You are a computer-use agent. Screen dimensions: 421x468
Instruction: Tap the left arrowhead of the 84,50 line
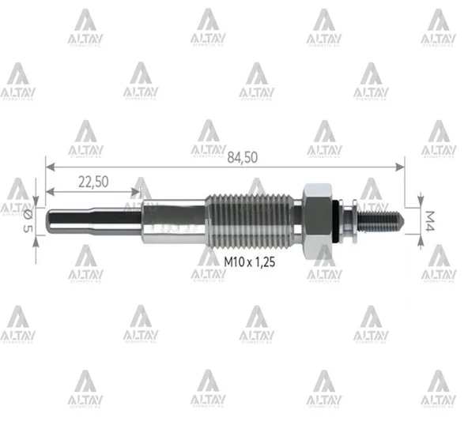pos(49,166)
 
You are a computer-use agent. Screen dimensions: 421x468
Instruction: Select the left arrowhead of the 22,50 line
pos(49,192)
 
